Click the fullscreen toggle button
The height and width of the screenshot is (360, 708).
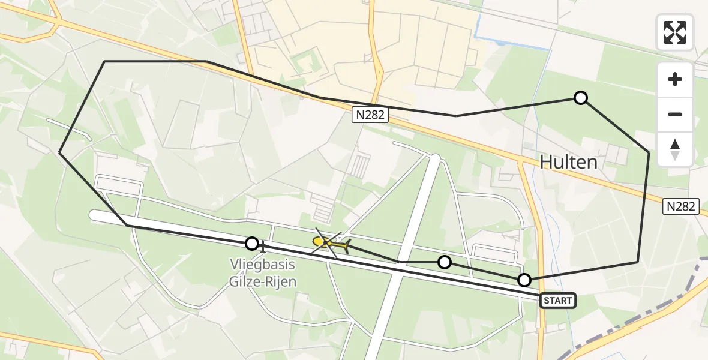pyautogui.click(x=676, y=32)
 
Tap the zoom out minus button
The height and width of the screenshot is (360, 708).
pyautogui.click(x=676, y=114)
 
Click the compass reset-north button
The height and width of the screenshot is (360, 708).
pyautogui.click(x=676, y=149)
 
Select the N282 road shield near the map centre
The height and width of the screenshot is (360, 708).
pyautogui.click(x=370, y=115)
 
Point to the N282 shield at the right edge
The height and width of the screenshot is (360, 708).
pyautogui.click(x=682, y=206)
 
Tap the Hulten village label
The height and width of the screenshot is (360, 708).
pyautogui.click(x=568, y=161)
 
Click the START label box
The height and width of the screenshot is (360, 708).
pyautogui.click(x=558, y=301)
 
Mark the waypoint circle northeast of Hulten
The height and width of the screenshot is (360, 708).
pyautogui.click(x=580, y=98)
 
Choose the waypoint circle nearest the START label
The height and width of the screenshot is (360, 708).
pyautogui.click(x=524, y=280)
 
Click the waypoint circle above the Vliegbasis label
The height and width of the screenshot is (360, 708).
pyautogui.click(x=252, y=244)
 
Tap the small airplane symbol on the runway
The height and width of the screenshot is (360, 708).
pyautogui.click(x=263, y=246)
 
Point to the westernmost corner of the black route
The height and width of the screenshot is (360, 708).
pyautogui.click(x=59, y=153)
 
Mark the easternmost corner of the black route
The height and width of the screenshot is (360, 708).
pyautogui.click(x=649, y=153)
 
